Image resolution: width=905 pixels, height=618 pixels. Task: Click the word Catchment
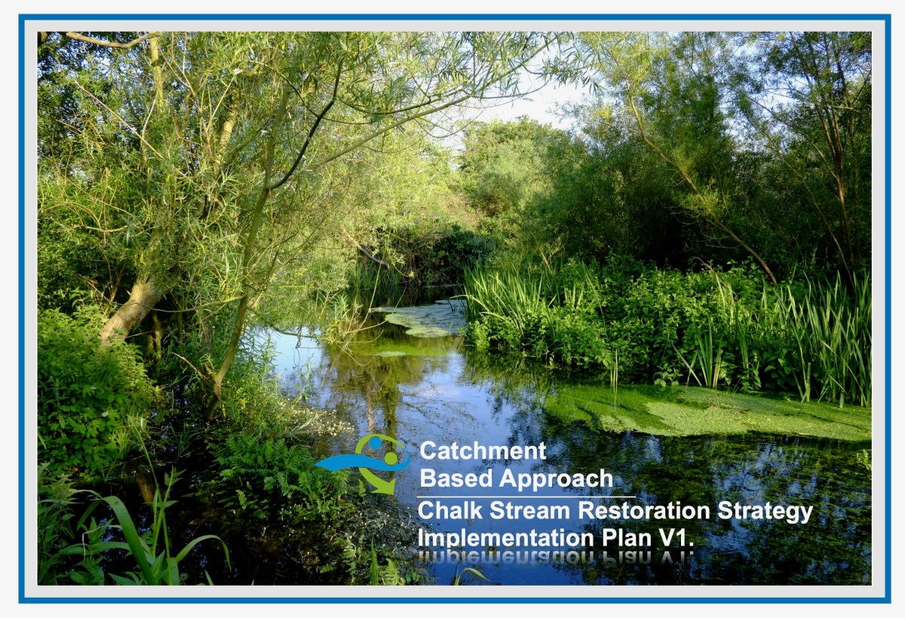483,451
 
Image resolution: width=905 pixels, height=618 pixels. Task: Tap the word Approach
556,479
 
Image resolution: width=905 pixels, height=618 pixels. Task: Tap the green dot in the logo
391,457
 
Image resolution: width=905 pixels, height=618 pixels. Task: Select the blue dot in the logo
374,444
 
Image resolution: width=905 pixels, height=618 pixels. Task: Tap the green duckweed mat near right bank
701,411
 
